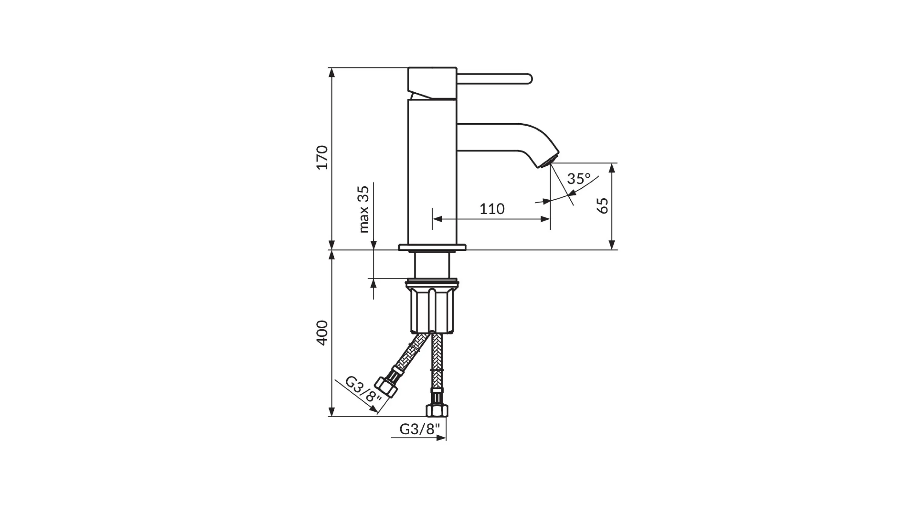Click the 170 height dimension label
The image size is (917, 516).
[322, 158]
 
